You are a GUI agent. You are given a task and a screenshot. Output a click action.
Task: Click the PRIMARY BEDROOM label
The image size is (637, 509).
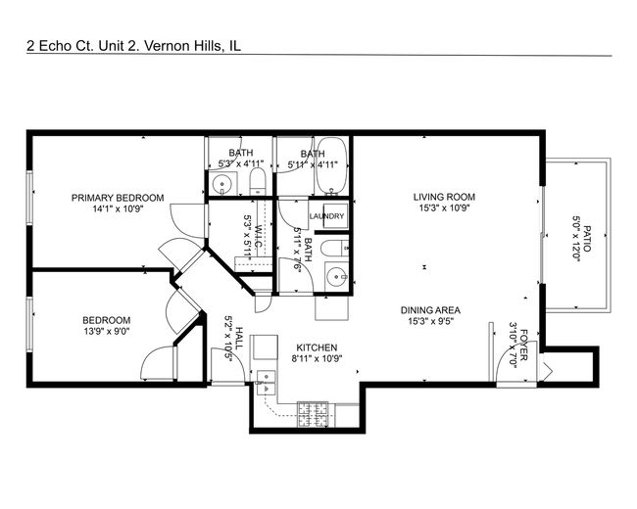[x=118, y=198]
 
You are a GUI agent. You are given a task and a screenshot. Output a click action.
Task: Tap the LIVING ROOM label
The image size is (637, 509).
[x=444, y=197]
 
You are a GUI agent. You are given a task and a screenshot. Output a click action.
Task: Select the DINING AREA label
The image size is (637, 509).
[x=430, y=310]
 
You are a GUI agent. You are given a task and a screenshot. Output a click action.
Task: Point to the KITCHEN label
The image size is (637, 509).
[x=317, y=347]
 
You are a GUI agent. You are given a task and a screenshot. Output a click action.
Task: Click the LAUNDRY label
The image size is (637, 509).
[x=326, y=216]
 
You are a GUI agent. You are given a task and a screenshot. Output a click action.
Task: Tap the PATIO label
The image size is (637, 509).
[x=587, y=239]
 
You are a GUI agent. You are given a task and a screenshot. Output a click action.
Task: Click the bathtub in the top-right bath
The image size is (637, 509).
[x=332, y=165]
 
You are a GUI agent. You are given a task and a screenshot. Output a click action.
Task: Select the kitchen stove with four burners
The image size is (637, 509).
[x=313, y=414]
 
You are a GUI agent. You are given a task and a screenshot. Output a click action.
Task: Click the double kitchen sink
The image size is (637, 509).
[x=266, y=383]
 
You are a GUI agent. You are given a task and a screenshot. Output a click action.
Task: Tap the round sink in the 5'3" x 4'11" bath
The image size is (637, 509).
[x=221, y=184]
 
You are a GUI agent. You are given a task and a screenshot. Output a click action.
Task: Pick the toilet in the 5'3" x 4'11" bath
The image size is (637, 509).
[x=257, y=181]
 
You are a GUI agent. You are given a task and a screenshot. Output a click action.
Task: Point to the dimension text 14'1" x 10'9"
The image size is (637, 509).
[x=118, y=209]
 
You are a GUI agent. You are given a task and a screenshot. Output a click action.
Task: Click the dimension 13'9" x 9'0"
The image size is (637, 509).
[x=107, y=331]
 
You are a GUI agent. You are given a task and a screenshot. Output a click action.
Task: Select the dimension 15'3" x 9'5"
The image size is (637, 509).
[x=430, y=321]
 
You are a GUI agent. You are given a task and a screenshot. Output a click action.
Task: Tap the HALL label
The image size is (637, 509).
[x=240, y=338]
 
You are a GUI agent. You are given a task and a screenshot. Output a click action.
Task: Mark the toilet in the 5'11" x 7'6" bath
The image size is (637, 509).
[x=334, y=248]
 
